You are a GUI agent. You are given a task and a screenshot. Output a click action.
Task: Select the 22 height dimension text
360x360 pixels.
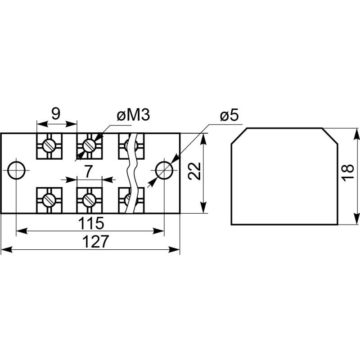[194, 171]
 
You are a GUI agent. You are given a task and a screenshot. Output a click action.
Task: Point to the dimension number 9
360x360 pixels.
[55, 114]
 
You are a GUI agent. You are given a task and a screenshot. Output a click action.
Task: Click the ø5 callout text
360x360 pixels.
[229, 116]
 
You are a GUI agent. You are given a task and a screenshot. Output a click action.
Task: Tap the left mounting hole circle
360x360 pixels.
[17, 170]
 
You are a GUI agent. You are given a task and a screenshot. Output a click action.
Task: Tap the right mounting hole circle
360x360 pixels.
[164, 170]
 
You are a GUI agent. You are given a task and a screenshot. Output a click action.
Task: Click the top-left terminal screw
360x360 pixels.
[49, 145]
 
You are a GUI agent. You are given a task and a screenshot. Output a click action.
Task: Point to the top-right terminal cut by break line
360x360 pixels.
[131, 145]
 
